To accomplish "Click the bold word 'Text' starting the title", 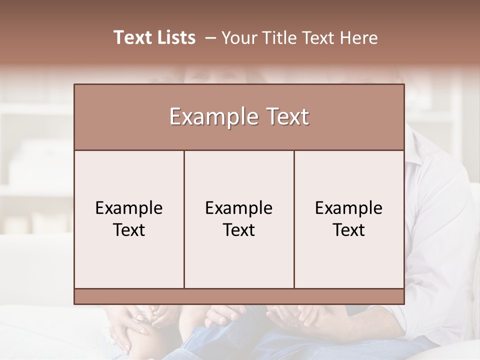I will [x=132, y=37].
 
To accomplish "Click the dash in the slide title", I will [x=211, y=38].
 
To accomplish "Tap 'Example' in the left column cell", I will [x=129, y=208].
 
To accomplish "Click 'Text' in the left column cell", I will [x=129, y=230].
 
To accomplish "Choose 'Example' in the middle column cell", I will [x=239, y=208].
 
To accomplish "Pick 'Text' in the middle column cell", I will [x=239, y=230].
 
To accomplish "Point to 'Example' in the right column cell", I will [x=349, y=208].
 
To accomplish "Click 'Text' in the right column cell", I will [x=349, y=230].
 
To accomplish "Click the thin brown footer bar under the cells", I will [x=239, y=296].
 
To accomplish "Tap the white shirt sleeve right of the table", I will [x=440, y=225].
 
